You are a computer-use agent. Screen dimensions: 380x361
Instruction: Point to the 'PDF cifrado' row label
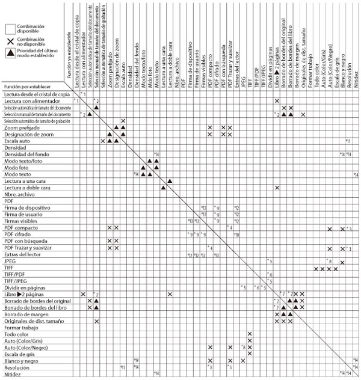coord(18,234)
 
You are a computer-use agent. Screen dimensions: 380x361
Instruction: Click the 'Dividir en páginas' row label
coord(24,287)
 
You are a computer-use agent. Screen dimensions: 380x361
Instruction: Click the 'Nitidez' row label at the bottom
coord(13,373)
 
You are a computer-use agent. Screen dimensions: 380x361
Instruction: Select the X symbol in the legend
coord(10,41)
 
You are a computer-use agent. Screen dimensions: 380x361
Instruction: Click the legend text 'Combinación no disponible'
coord(33,41)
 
